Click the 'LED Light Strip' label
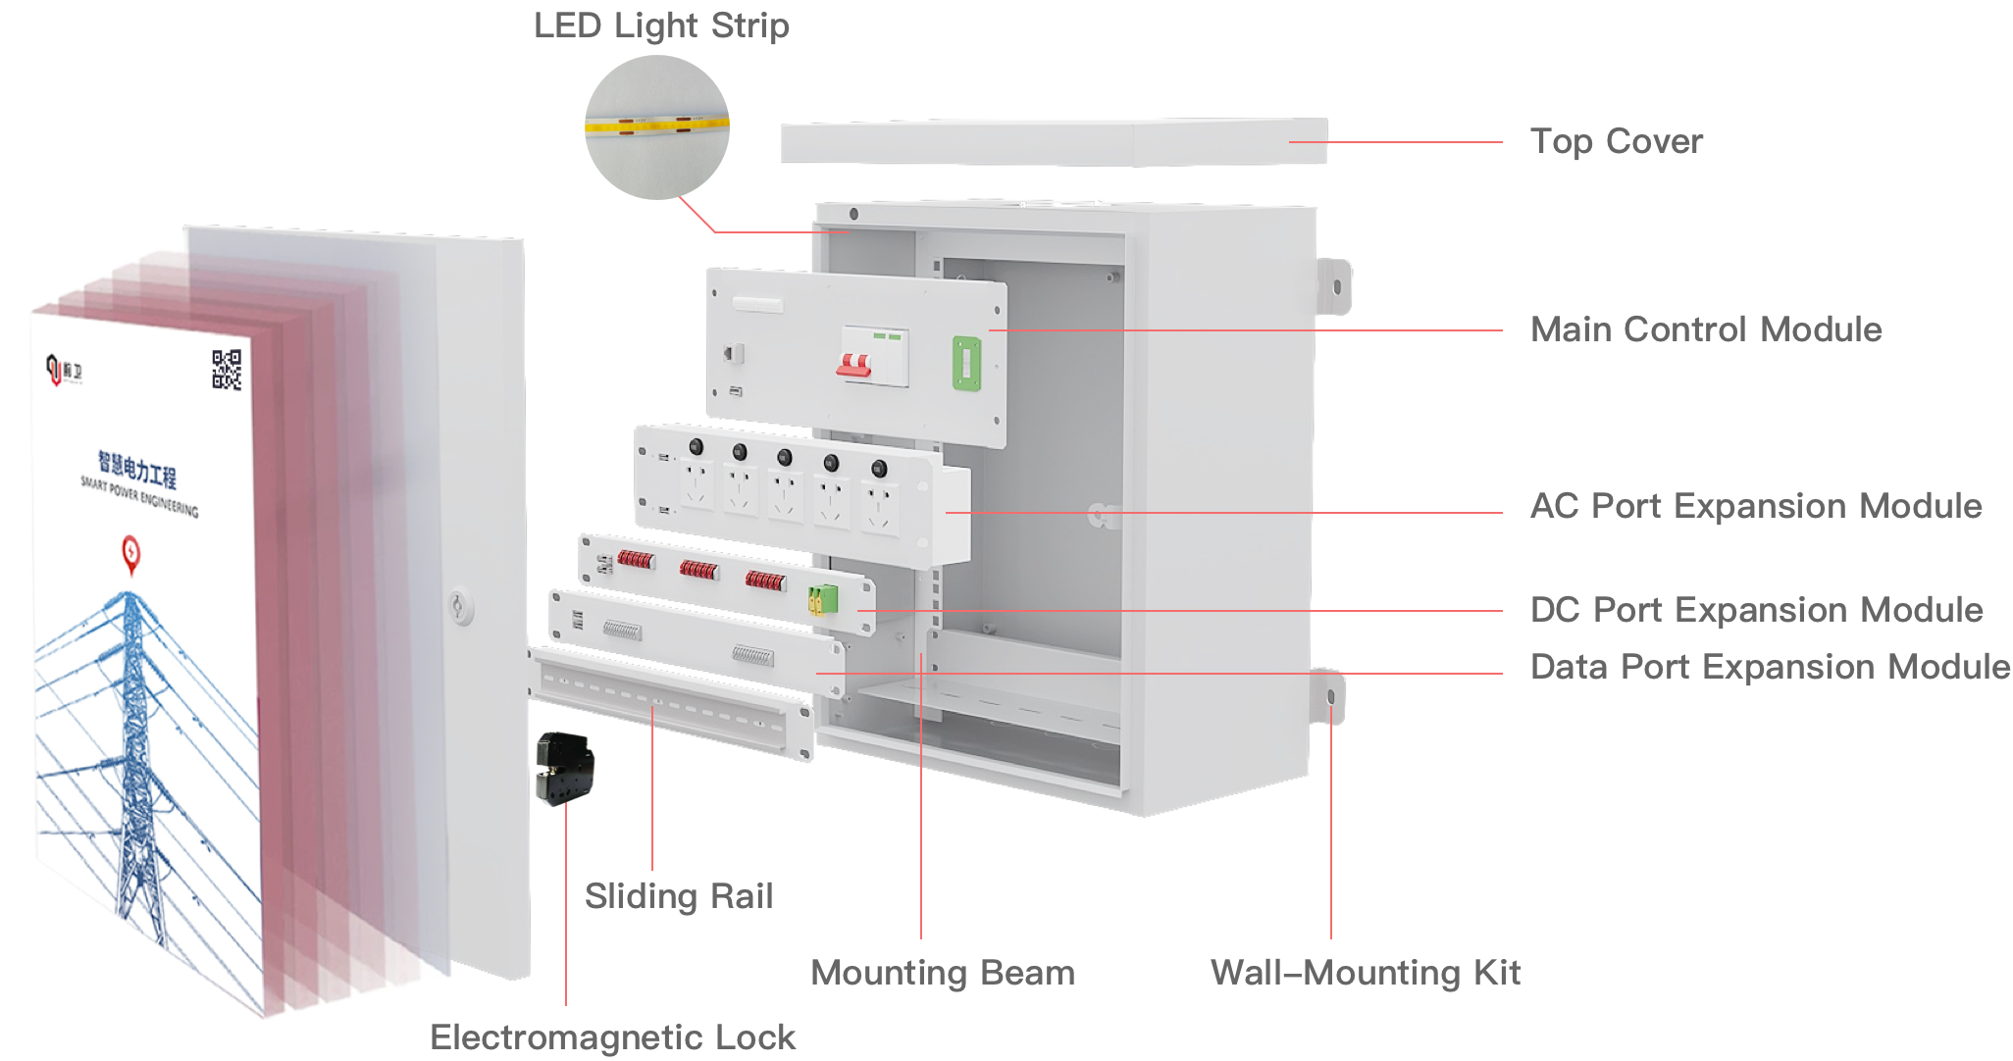pyautogui.click(x=661, y=26)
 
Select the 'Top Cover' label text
pyautogui.click(x=1616, y=141)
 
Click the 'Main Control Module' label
pyautogui.click(x=1706, y=329)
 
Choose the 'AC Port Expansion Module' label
pyautogui.click(x=1756, y=506)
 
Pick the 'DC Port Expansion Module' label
pyautogui.click(x=1756, y=610)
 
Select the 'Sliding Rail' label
pyautogui.click(x=679, y=896)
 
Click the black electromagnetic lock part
pyautogui.click(x=561, y=768)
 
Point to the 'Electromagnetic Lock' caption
pyautogui.click(x=613, y=1037)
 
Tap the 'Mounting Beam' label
pyautogui.click(x=943, y=973)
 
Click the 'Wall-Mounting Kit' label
pyautogui.click(x=1366, y=973)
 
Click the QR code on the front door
pyautogui.click(x=227, y=370)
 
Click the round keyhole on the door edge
pyautogui.click(x=459, y=607)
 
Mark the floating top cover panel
pyautogui.click(x=1055, y=142)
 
